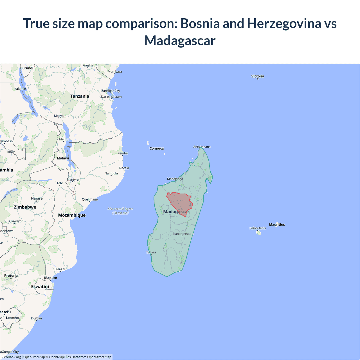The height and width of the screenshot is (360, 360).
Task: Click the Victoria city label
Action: click(258, 76)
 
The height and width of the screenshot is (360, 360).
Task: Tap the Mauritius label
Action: click(277, 224)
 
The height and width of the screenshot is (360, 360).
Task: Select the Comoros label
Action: click(157, 148)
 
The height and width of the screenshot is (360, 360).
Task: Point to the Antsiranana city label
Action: click(202, 147)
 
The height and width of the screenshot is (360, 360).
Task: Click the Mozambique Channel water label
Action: click(120, 211)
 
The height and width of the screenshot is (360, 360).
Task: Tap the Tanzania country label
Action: click(80, 96)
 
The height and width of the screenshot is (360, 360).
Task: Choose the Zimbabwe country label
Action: click(25, 207)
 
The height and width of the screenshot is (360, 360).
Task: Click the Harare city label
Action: click(37, 198)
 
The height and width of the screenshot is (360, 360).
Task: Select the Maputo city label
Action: click(51, 278)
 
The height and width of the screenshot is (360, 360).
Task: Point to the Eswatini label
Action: click(40, 287)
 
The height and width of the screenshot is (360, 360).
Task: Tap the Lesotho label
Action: click(12, 318)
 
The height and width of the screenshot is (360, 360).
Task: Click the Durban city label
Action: click(37, 318)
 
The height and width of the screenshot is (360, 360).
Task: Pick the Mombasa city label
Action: click(115, 71)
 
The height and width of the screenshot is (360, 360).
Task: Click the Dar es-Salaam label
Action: click(111, 97)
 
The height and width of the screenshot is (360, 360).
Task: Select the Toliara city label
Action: click(151, 252)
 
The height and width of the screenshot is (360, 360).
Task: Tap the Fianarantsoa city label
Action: click(182, 234)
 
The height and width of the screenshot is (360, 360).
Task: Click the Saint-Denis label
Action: click(258, 228)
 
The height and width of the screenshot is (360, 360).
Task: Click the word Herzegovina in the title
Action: click(284, 23)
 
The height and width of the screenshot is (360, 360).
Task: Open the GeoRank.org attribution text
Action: click(11, 357)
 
